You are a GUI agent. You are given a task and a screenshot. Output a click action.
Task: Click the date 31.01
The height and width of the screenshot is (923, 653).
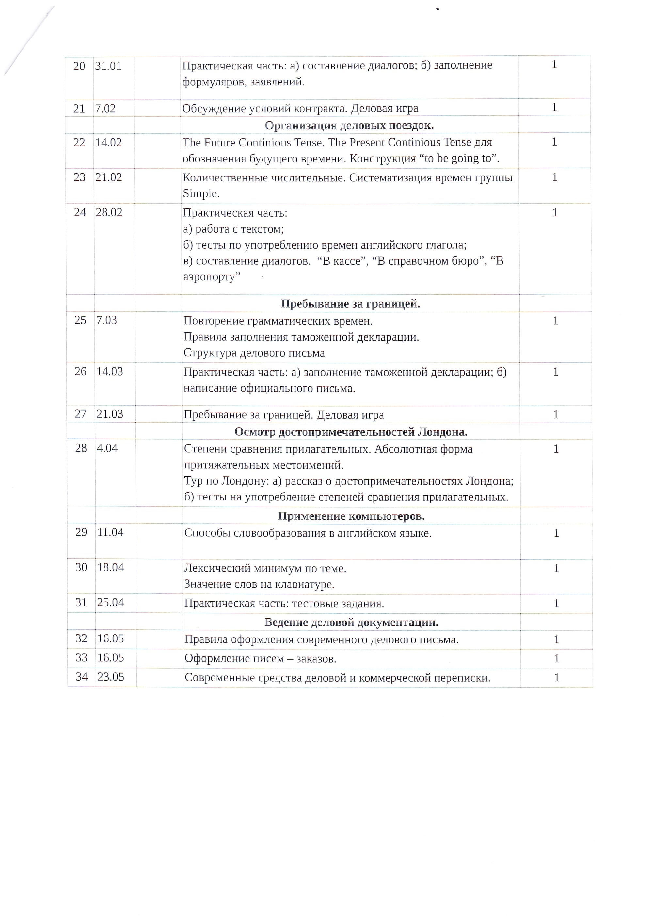point(108,66)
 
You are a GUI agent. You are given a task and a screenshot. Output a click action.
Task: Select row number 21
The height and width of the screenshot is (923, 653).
point(79,109)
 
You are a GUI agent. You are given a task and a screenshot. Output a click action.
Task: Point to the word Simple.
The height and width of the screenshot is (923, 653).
point(201,193)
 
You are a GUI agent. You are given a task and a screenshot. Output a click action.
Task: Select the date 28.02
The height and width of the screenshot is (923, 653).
point(109,213)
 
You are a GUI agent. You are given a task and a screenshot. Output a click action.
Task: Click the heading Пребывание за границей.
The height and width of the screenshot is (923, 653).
point(350,304)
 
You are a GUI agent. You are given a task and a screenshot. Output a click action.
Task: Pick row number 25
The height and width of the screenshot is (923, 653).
point(80,320)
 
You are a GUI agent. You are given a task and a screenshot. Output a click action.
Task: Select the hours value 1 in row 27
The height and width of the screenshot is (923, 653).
point(556,414)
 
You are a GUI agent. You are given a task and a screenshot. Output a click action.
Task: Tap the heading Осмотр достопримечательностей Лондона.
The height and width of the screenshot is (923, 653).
point(351,432)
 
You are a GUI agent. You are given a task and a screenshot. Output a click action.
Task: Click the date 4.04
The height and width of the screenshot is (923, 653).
point(107,448)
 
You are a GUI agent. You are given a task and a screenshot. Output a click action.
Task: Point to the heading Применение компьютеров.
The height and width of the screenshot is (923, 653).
point(351,516)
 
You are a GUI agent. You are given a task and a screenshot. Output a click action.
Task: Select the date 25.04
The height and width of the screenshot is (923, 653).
point(110,603)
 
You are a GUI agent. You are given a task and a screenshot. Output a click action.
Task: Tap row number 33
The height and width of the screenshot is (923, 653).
point(82,658)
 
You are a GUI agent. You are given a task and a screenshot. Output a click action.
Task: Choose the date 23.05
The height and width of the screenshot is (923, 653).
point(111,677)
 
